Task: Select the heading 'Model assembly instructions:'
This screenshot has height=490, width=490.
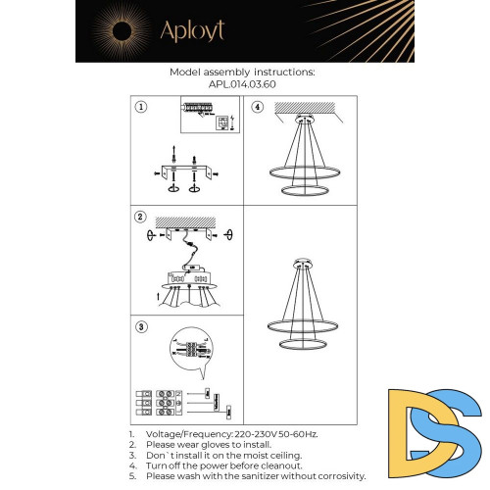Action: pyautogui.click(x=242, y=73)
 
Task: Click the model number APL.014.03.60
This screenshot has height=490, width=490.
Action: pyautogui.click(x=242, y=84)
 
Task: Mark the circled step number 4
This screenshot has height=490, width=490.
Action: pyautogui.click(x=258, y=108)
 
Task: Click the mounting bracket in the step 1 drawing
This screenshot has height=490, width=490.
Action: pyautogui.click(x=183, y=173)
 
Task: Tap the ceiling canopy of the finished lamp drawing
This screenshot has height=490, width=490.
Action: pyautogui.click(x=302, y=263)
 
